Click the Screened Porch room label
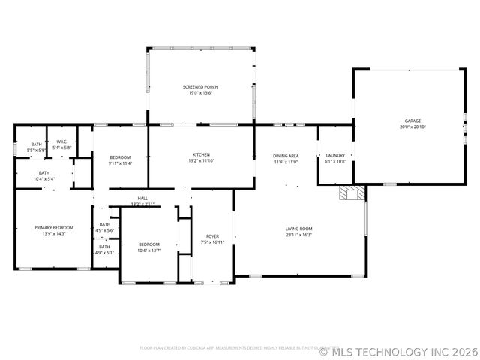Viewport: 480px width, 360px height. tap(200, 87)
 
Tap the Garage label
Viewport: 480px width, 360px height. tap(412, 121)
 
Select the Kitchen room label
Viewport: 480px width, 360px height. tap(200, 154)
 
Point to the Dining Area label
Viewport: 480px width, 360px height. tap(285, 155)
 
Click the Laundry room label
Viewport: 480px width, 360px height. tap(334, 155)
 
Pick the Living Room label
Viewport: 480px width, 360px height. tap(298, 229)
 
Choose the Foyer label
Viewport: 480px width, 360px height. tap(213, 236)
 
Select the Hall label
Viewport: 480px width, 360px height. tap(142, 198)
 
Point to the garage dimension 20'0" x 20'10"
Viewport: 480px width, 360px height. tap(412, 127)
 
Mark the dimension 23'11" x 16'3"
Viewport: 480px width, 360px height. tap(298, 235)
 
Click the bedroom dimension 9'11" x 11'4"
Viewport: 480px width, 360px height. tap(120, 163)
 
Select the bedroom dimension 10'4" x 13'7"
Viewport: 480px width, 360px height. tap(148, 250)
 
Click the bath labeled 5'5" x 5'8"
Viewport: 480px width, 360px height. tap(37, 151)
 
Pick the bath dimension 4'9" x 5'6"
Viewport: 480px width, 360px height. tap(104, 229)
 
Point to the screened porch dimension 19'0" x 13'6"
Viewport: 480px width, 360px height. tap(200, 94)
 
